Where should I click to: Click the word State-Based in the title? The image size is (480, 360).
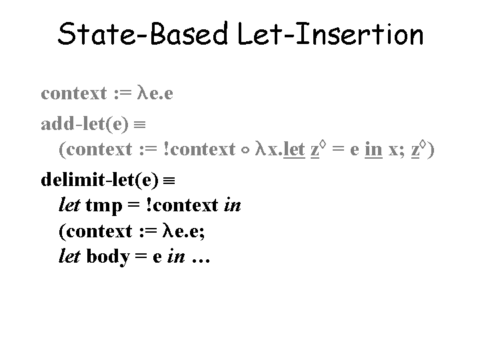coord(143,34)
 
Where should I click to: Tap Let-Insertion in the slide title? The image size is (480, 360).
coord(330,34)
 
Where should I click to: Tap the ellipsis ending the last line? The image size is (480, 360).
coord(201,257)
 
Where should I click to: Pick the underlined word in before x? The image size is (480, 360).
coord(373,149)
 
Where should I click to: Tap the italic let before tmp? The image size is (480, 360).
coord(70,205)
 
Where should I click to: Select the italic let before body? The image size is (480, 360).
coord(70,257)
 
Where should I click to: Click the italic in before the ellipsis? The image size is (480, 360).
coord(175,257)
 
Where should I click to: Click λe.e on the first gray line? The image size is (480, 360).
coord(155,93)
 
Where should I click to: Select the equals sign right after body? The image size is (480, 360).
coord(141,257)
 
